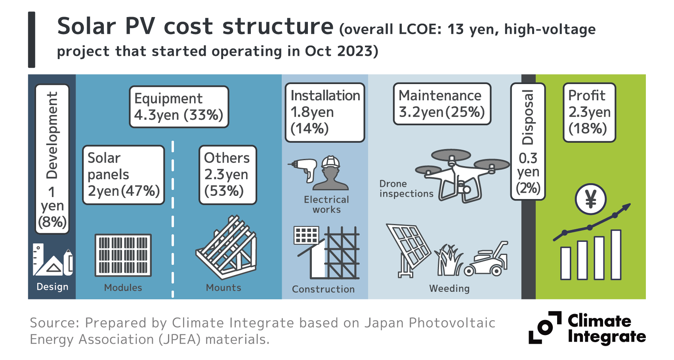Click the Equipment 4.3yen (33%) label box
point(179,107)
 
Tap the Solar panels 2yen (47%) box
point(123,175)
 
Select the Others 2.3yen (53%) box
point(227,175)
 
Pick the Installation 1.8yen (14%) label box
point(325,112)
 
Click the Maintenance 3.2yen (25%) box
point(442,104)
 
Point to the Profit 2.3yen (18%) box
point(589,112)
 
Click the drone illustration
point(462,174)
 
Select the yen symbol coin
point(590,199)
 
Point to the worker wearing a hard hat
point(330,173)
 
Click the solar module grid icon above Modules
point(123,255)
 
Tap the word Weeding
point(449,289)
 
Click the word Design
point(52,287)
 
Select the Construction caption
point(323,289)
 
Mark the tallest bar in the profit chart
point(616,255)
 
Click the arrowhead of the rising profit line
point(626,207)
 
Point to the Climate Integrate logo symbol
point(545,327)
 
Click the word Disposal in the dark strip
point(528,117)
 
